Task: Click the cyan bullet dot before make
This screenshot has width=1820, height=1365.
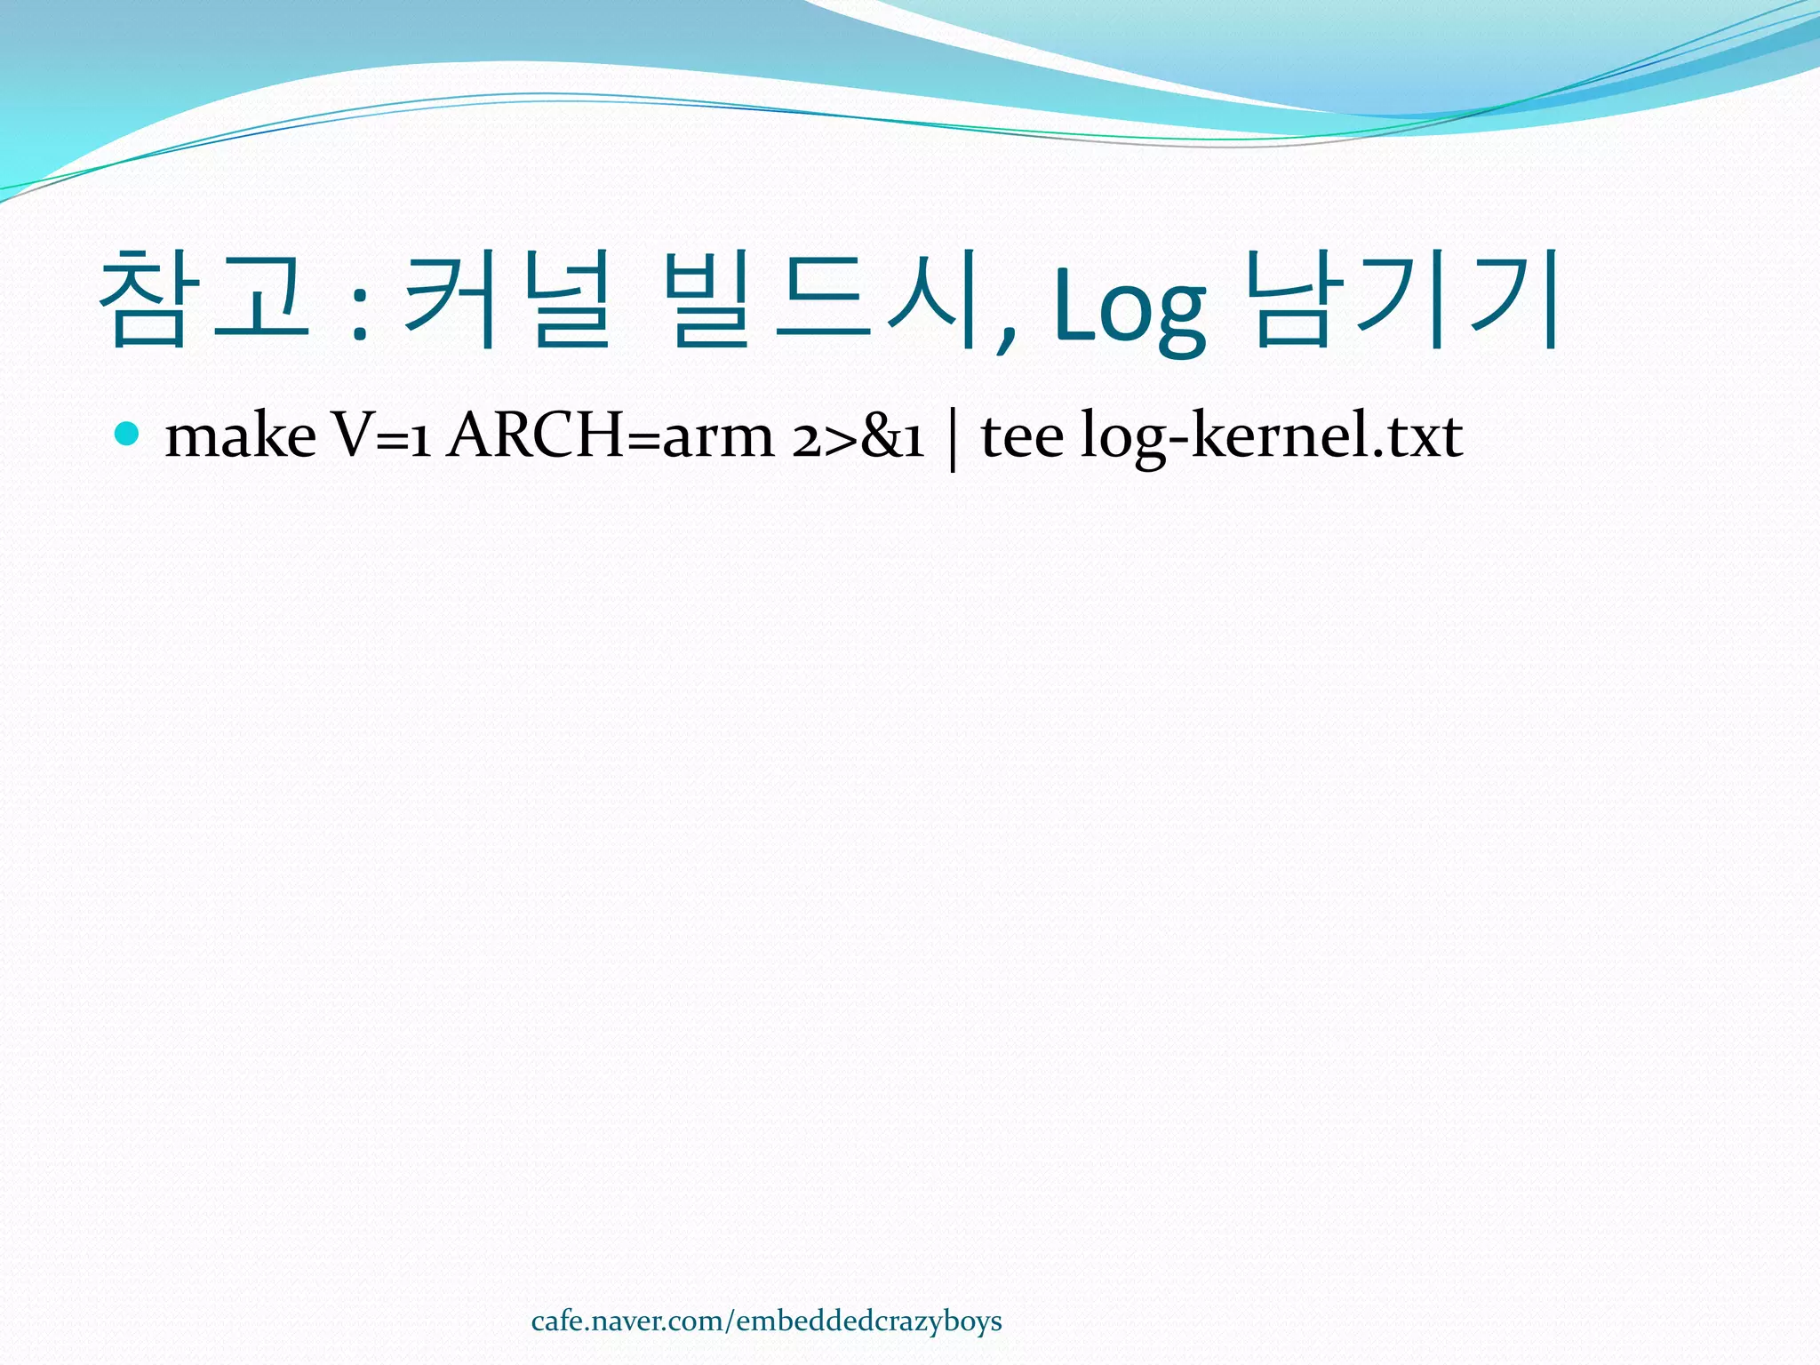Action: [x=128, y=434]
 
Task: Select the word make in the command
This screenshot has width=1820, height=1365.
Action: [x=240, y=436]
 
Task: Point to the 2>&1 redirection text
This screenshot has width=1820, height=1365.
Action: [x=858, y=436]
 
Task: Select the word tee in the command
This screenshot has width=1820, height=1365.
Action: [x=1022, y=436]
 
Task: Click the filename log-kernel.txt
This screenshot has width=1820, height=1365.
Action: [x=1271, y=436]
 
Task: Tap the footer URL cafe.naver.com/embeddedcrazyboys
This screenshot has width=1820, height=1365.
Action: [x=766, y=1321]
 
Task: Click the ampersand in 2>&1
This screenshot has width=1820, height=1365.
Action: [x=881, y=437]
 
